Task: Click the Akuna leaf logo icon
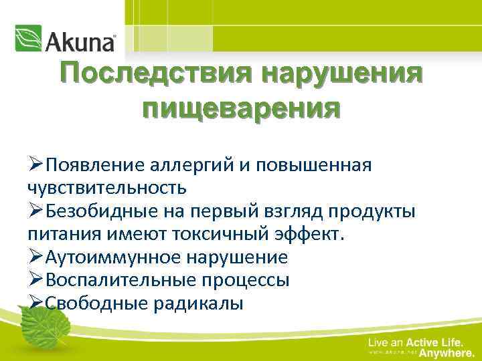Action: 29,39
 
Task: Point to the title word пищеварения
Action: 240,107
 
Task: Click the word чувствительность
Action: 107,189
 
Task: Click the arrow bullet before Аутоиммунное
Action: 36,257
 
